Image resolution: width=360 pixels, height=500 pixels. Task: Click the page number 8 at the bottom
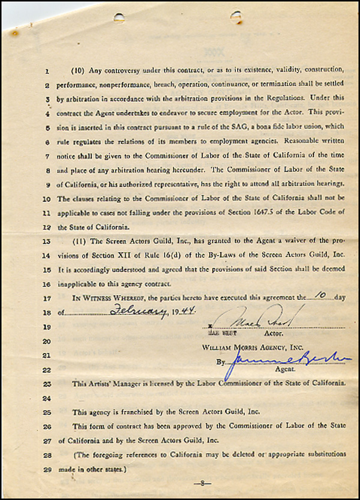[203, 483]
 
